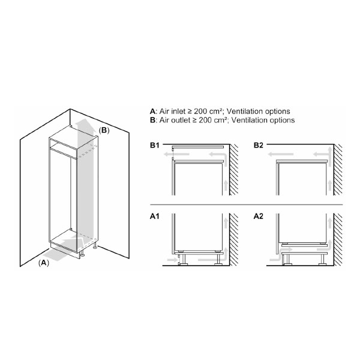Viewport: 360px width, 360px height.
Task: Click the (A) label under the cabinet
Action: [x=44, y=263]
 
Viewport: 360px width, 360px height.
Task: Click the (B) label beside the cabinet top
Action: [x=104, y=130]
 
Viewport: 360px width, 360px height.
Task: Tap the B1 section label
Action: [x=155, y=145]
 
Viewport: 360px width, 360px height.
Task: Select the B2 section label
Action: [x=258, y=145]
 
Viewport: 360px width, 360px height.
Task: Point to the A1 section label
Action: [x=155, y=216]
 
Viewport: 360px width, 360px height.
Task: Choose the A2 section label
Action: [x=258, y=216]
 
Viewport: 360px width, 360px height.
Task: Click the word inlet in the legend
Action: [x=179, y=112]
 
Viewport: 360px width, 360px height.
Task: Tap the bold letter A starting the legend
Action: [x=152, y=112]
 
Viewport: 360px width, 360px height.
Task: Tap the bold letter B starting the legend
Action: [x=152, y=121]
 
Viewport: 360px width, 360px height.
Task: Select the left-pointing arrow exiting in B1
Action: [x=176, y=154]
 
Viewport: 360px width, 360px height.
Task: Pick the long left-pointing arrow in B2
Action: [x=281, y=154]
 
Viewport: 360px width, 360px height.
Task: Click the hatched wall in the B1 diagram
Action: [x=234, y=170]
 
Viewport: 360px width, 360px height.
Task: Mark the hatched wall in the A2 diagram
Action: [x=338, y=239]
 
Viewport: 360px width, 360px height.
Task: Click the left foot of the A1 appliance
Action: [x=183, y=260]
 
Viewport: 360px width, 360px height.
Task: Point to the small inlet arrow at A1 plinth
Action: [x=172, y=260]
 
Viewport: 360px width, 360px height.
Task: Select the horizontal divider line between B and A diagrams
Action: [x=247, y=205]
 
